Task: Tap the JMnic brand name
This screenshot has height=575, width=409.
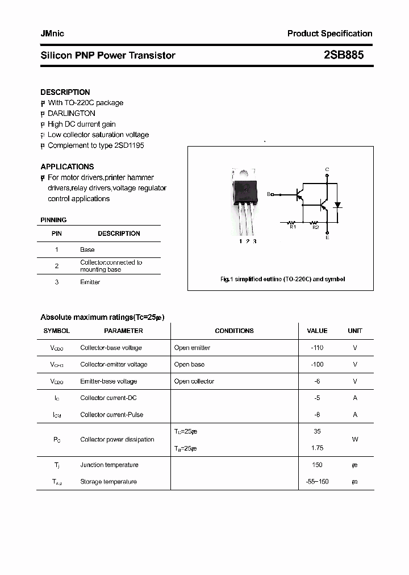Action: tap(52, 34)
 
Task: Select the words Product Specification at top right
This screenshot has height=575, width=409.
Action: tap(329, 34)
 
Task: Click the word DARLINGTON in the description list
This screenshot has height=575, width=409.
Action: tap(72, 113)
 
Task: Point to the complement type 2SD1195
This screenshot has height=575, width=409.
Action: tap(128, 145)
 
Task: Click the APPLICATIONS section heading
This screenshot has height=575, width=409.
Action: tap(67, 166)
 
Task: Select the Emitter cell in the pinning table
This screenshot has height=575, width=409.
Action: tap(90, 282)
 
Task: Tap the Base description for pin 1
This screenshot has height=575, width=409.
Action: tap(87, 249)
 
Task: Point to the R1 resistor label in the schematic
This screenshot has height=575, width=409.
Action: tap(293, 227)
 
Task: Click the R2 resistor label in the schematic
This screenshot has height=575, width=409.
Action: tap(315, 227)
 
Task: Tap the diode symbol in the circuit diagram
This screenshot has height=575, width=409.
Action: tap(337, 205)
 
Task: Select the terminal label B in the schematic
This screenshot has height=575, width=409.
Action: tap(269, 194)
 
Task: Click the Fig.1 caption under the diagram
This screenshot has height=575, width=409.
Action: tap(282, 279)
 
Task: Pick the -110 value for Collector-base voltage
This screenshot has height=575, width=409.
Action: tap(317, 348)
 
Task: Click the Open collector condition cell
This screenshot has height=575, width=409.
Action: tap(194, 381)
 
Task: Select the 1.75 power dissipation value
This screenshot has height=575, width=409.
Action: tap(317, 448)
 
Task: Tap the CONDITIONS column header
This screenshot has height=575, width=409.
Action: tap(234, 331)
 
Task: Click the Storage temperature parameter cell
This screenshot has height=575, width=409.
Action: tap(108, 482)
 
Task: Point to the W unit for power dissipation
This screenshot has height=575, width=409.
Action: tap(355, 439)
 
